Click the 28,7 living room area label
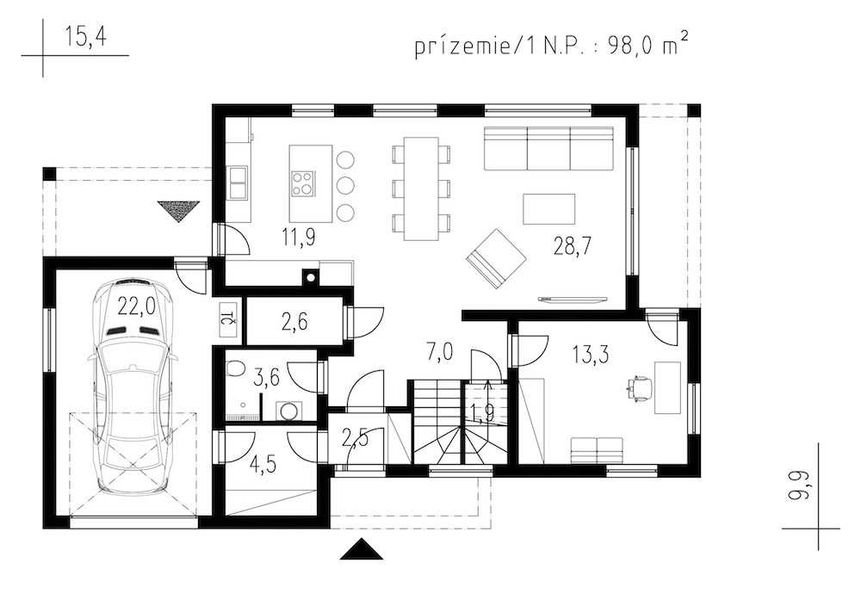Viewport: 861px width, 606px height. [572, 246]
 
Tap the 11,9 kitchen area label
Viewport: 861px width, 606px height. [298, 238]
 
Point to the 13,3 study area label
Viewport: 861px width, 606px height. [591, 354]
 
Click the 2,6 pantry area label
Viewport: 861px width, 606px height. [294, 322]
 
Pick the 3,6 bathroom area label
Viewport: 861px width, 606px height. [267, 378]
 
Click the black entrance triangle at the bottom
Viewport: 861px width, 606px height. [361, 549]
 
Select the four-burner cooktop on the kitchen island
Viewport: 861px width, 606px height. [303, 183]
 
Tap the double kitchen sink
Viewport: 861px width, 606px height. [238, 182]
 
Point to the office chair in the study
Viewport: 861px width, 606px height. [640, 387]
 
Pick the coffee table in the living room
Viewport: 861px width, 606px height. [549, 208]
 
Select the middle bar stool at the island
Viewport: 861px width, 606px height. [345, 185]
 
